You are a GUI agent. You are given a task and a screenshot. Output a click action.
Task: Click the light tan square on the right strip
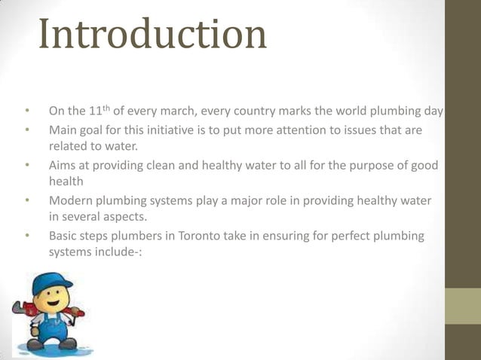[462, 307]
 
